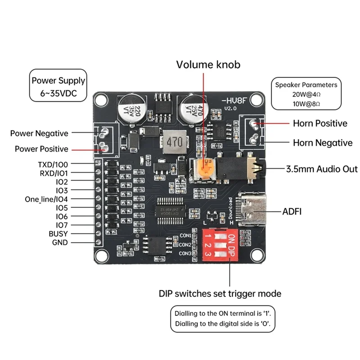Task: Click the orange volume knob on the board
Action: (205, 169)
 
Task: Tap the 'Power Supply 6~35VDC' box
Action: (58, 88)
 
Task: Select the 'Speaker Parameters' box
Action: (306, 94)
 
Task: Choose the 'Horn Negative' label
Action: (323, 143)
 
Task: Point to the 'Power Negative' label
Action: (39, 133)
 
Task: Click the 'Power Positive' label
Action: (41, 149)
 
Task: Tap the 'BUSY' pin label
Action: (58, 234)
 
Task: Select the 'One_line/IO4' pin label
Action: (46, 199)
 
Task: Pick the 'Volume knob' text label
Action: (208, 64)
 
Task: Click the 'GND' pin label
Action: (60, 242)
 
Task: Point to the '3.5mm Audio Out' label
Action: (322, 169)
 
